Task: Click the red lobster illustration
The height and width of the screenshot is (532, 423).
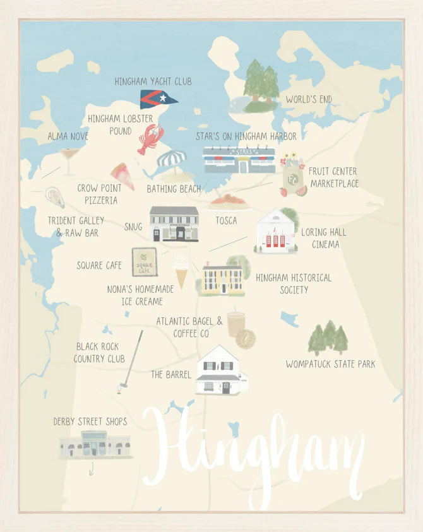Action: (150, 138)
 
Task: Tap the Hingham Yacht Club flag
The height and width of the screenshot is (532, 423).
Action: (158, 99)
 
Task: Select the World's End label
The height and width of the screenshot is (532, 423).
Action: (309, 99)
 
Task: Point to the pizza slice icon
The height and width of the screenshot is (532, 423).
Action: (122, 175)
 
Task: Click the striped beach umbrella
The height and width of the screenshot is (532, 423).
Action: (171, 162)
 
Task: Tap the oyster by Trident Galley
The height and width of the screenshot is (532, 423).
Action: (55, 197)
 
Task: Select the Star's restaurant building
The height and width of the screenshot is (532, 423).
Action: (239, 160)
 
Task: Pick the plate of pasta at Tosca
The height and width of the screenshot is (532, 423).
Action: (230, 201)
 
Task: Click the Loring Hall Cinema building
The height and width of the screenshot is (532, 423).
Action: (277, 231)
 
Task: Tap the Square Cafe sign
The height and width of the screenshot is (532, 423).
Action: (144, 261)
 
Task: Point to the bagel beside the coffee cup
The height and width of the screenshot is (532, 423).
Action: (246, 338)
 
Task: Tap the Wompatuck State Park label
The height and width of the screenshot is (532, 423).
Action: (330, 364)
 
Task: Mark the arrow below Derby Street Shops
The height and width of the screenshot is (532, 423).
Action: (92, 468)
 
